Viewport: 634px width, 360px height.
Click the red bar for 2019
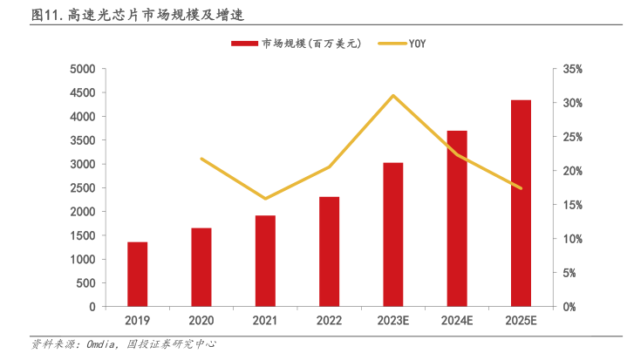coord(138,275)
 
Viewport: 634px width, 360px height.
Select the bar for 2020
coord(201,268)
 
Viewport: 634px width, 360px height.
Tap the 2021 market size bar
coord(265,262)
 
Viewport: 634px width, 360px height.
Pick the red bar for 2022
coord(329,252)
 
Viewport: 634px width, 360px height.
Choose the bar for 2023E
coord(393,234)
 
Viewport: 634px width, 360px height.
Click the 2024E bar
coord(457,219)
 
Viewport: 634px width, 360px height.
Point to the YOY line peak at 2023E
coord(393,95)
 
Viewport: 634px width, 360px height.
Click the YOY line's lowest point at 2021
coord(265,199)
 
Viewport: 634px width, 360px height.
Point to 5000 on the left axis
coord(82,69)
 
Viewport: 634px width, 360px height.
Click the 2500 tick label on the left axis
coord(82,188)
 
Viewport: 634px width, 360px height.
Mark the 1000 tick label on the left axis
coord(82,260)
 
